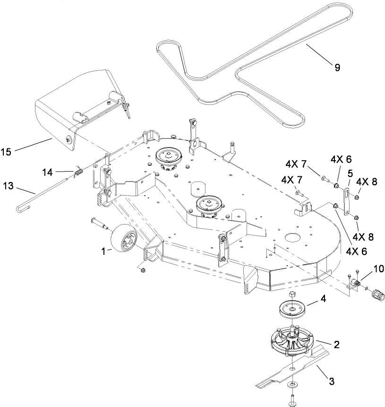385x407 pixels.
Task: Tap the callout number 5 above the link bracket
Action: pyautogui.click(x=351, y=173)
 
